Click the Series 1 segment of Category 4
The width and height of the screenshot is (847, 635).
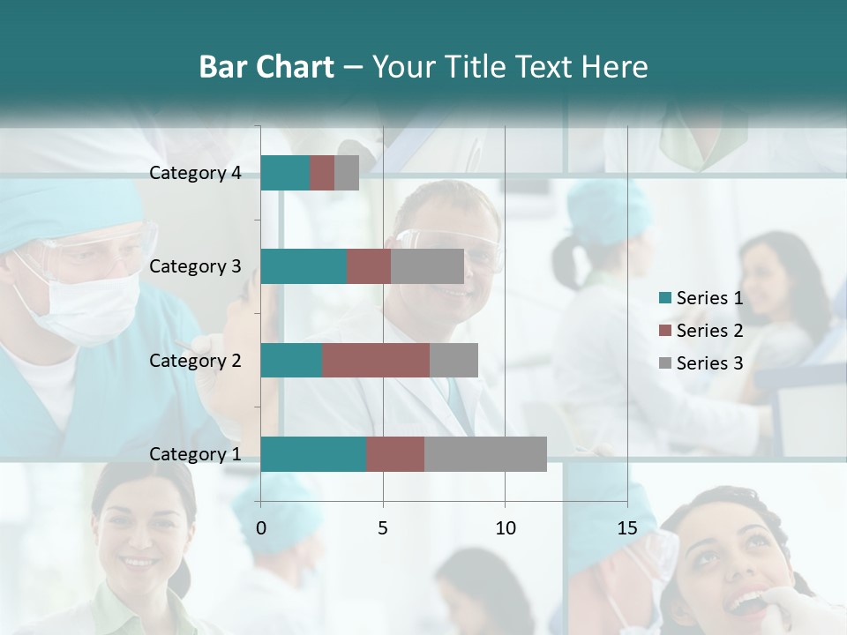pyautogui.click(x=285, y=173)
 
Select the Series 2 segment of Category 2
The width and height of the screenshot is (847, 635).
pyautogui.click(x=376, y=360)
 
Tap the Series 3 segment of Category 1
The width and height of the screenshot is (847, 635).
pyautogui.click(x=485, y=454)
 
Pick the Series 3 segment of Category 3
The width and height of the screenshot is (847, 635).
pyautogui.click(x=427, y=266)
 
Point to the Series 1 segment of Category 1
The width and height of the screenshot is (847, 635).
pyautogui.click(x=313, y=454)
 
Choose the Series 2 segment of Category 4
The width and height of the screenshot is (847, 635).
pyautogui.click(x=322, y=173)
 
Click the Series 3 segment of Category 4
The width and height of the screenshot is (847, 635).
pyautogui.click(x=347, y=173)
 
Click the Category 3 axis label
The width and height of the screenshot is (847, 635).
pyautogui.click(x=195, y=266)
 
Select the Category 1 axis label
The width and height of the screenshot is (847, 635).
pyautogui.click(x=195, y=454)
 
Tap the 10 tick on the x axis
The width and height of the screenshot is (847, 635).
pyautogui.click(x=505, y=528)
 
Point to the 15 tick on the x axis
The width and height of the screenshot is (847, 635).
pyautogui.click(x=627, y=528)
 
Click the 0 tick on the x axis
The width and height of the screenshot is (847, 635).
pyautogui.click(x=260, y=528)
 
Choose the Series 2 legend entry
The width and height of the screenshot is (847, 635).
pyautogui.click(x=709, y=331)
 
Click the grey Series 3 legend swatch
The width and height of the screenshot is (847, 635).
pyautogui.click(x=665, y=363)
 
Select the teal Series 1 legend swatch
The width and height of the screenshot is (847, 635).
pyautogui.click(x=665, y=298)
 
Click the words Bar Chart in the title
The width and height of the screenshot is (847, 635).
pyautogui.click(x=266, y=67)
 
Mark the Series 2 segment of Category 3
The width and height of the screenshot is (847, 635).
pyautogui.click(x=369, y=266)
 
